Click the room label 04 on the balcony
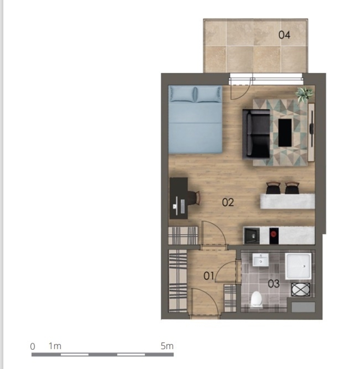click(x=284, y=35)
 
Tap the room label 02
click(x=228, y=202)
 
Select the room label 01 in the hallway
click(x=209, y=276)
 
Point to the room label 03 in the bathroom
click(x=274, y=284)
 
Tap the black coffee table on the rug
click(x=285, y=133)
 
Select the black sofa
click(x=256, y=134)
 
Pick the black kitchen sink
click(x=252, y=236)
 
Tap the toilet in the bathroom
click(x=256, y=299)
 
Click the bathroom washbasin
click(x=260, y=260)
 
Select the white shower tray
click(x=298, y=266)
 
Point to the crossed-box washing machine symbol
click(x=301, y=290)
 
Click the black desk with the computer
click(x=179, y=198)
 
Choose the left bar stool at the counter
click(x=273, y=188)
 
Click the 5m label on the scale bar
click(x=167, y=346)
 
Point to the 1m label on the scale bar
click(x=55, y=346)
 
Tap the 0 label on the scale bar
click(x=33, y=346)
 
